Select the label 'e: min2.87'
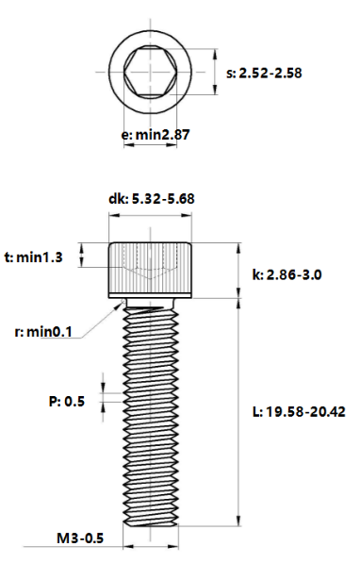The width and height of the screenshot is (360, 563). [155, 135]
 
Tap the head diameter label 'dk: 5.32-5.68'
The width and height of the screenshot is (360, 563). [151, 199]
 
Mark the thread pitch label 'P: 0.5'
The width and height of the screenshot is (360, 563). [66, 401]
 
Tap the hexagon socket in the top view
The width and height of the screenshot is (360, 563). [151, 73]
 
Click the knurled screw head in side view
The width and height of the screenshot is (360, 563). [151, 269]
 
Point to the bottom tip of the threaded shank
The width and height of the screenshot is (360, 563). [151, 522]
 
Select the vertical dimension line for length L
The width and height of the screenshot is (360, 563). [239, 412]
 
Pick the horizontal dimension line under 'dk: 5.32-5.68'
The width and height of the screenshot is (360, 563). [151, 216]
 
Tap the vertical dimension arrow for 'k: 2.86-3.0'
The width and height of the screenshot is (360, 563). [239, 272]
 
